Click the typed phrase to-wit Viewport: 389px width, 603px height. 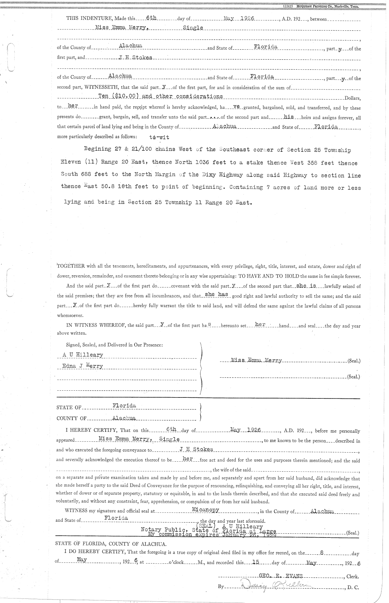pyautogui.click(x=159, y=137)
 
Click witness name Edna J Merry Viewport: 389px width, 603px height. pyautogui.click(x=83, y=366)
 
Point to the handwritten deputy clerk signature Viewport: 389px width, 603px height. pyautogui.click(x=276, y=585)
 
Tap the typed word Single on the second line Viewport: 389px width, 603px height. pyautogui.click(x=193, y=28)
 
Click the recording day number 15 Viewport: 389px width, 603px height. pyautogui.click(x=251, y=562)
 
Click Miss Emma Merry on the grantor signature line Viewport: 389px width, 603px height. pyautogui.click(x=256, y=361)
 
